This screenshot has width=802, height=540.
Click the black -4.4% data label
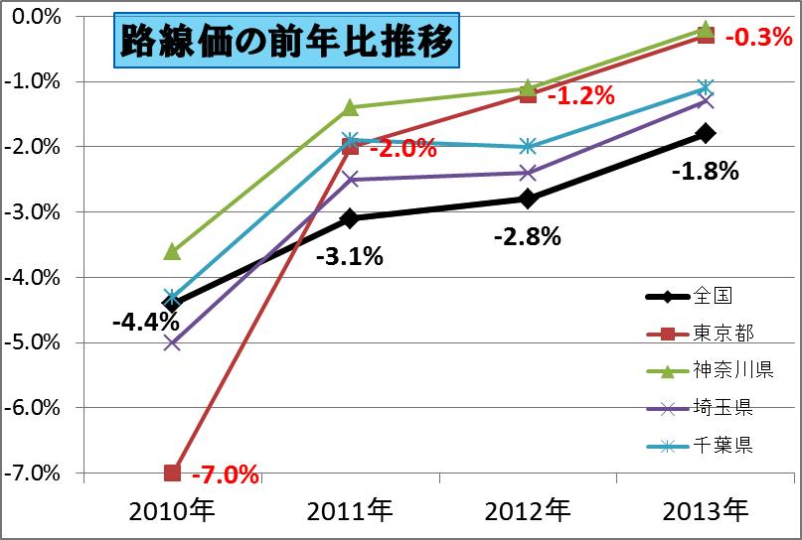pos(145,323)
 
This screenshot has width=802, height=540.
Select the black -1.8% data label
pos(705,172)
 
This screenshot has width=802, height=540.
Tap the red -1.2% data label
pos(580,96)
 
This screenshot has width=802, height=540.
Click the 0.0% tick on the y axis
pos(41,17)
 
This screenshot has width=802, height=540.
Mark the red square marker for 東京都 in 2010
pos(172,472)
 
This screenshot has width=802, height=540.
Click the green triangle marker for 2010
pos(172,251)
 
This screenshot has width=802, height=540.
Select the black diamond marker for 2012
pos(529,199)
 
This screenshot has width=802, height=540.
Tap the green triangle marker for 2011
pos(350,107)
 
